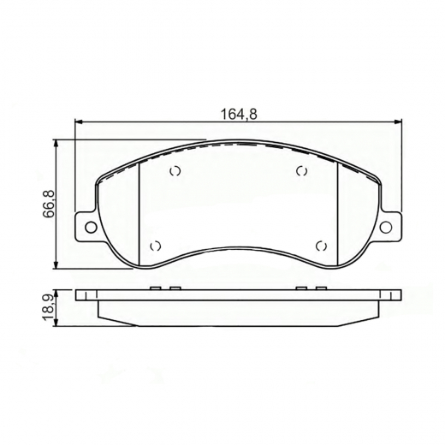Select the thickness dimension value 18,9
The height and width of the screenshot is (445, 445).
tap(49, 306)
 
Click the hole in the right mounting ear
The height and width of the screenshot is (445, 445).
tap(389, 227)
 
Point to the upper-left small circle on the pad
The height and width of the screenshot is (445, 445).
tap(175, 171)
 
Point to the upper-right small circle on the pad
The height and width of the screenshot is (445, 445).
tap(301, 171)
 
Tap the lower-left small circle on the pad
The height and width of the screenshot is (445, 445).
tap(155, 246)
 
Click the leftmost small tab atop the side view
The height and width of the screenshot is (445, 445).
tap(155, 288)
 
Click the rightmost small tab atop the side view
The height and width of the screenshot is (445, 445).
tap(322, 288)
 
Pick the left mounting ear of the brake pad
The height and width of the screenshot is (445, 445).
tap(87, 227)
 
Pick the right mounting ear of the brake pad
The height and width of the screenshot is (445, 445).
tap(389, 227)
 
